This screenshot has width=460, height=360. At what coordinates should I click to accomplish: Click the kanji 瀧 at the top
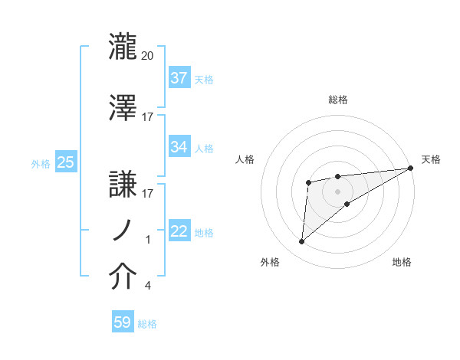pyautogui.click(x=124, y=47)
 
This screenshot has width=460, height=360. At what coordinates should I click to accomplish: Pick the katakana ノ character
pyautogui.click(x=124, y=230)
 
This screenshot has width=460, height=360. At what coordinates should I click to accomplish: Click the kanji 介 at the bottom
pyautogui.click(x=124, y=278)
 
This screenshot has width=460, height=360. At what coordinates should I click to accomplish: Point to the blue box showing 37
pyautogui.click(x=179, y=77)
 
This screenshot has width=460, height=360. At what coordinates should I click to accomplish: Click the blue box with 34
pyautogui.click(x=179, y=146)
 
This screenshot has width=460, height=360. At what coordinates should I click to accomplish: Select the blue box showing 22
pyautogui.click(x=179, y=231)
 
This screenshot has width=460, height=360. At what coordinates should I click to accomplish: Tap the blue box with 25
pyautogui.click(x=65, y=162)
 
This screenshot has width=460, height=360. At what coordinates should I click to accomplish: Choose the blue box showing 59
pyautogui.click(x=123, y=322)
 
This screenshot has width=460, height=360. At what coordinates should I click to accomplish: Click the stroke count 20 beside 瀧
pyautogui.click(x=148, y=56)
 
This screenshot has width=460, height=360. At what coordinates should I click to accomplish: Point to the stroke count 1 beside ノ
pyautogui.click(x=148, y=240)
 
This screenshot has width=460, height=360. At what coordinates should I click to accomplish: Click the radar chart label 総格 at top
pyautogui.click(x=338, y=100)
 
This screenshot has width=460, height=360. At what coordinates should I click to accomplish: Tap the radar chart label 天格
pyautogui.click(x=431, y=159)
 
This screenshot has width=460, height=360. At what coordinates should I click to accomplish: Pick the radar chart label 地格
pyautogui.click(x=402, y=262)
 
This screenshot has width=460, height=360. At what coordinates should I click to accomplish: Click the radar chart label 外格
pyautogui.click(x=270, y=262)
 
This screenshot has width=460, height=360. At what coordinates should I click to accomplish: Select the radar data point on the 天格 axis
pyautogui.click(x=411, y=168)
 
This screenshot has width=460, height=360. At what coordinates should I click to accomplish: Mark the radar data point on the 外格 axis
pyautogui.click(x=302, y=241)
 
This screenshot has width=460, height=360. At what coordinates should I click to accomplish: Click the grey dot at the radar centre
pyautogui.click(x=337, y=191)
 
